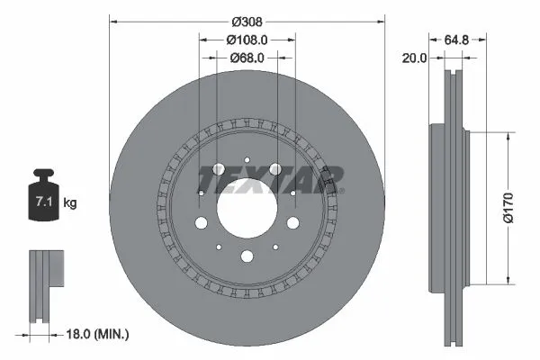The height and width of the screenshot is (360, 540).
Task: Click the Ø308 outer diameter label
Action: tap(247, 20)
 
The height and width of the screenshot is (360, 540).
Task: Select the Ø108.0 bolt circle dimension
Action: tap(247, 40)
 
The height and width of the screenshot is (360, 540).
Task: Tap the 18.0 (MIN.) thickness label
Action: tap(98, 335)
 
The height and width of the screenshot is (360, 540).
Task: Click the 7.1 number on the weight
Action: tap(42, 203)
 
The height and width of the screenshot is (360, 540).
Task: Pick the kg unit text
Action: tap(70, 203)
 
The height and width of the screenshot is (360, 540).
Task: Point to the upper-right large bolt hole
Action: tap(275, 169)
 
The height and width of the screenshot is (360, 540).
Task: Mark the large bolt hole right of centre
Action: tap(292, 223)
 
